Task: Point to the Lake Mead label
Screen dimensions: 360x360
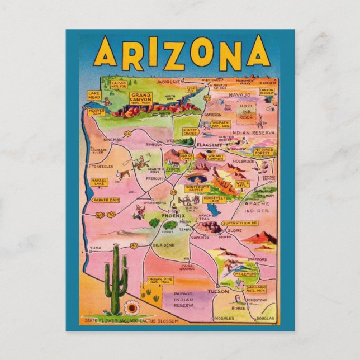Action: tap(94, 96)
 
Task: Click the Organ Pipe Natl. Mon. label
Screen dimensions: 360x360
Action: tap(160, 281)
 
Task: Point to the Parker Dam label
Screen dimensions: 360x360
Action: tap(106, 200)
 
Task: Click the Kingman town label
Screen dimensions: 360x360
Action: tap(112, 139)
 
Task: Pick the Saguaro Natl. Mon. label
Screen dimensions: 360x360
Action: tap(255, 290)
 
